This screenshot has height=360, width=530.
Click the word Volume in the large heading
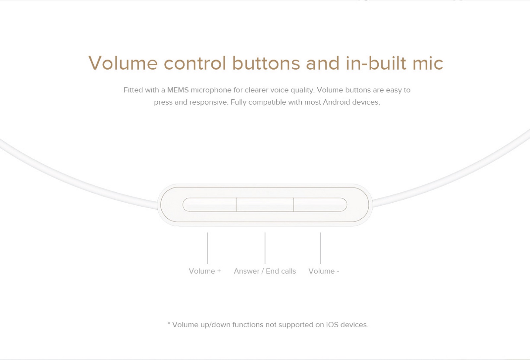click(x=123, y=63)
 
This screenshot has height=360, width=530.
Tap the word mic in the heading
click(x=428, y=63)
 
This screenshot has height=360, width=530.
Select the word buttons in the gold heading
click(x=266, y=63)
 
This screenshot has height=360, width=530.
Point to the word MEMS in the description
click(x=178, y=90)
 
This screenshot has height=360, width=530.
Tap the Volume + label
click(x=205, y=271)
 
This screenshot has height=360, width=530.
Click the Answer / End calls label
click(x=265, y=271)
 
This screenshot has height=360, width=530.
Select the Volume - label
click(x=324, y=271)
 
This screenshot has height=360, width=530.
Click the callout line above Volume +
click(x=207, y=248)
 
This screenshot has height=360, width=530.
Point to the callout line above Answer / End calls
click(x=265, y=248)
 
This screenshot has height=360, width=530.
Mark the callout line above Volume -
click(x=320, y=248)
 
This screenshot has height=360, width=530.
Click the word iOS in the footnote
click(x=333, y=325)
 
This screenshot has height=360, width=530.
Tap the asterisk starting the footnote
click(x=169, y=323)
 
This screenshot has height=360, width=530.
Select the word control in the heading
click(x=195, y=63)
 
